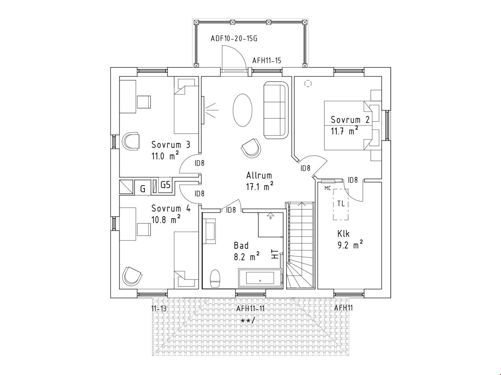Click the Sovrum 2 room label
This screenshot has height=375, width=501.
pos(350,120)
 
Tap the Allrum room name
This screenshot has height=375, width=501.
pos(259,175)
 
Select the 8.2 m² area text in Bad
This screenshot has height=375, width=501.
pos(247,257)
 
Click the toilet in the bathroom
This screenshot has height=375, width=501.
pos(215,278)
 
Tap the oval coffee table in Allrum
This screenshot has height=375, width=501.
pos(242,110)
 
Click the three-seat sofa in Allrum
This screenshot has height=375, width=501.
pos(276,110)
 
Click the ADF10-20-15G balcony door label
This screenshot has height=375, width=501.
pos(234,38)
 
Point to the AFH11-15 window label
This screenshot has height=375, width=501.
pos(267,60)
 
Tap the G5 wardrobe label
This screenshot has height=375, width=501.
pos(166,185)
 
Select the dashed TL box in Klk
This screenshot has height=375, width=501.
pos(341,204)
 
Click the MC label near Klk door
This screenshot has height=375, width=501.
pos(328,188)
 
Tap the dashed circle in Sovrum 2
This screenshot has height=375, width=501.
pos(308,84)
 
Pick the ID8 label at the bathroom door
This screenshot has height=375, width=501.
pos(231,210)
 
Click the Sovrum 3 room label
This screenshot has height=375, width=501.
pos(171,144)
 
